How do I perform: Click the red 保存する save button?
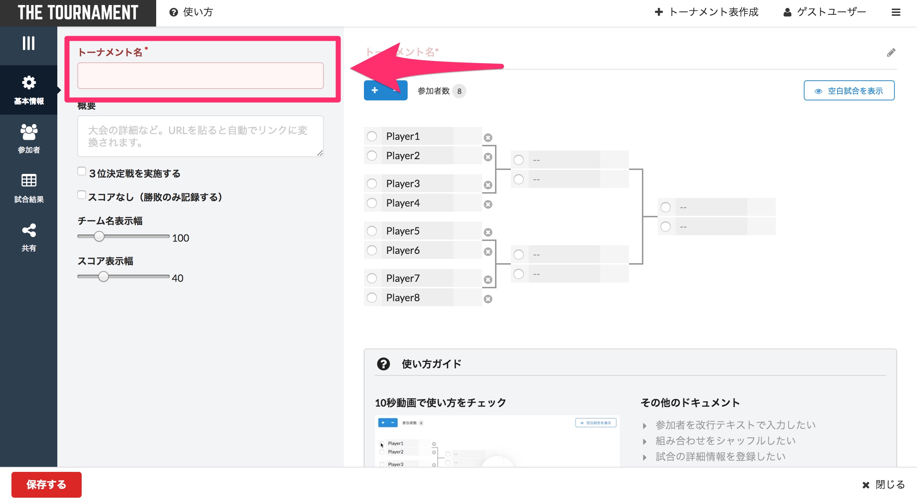point(46,484)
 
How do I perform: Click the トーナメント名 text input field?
point(200,76)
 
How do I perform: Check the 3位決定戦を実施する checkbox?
point(82,171)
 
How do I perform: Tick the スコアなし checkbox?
point(82,195)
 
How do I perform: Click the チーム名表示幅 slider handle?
point(99,237)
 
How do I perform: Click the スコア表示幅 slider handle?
point(104,277)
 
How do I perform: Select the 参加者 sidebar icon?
point(29,138)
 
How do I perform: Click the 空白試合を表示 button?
point(849,91)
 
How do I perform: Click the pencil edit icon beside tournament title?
point(891,53)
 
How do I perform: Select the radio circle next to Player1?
point(372,136)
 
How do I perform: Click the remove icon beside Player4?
point(488,204)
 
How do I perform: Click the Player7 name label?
point(403,278)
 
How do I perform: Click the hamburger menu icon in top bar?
point(896,13)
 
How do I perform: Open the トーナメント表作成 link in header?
point(706,12)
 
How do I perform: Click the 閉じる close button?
point(883,485)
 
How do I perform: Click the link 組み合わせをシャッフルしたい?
point(725,441)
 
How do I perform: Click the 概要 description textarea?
point(200,136)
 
